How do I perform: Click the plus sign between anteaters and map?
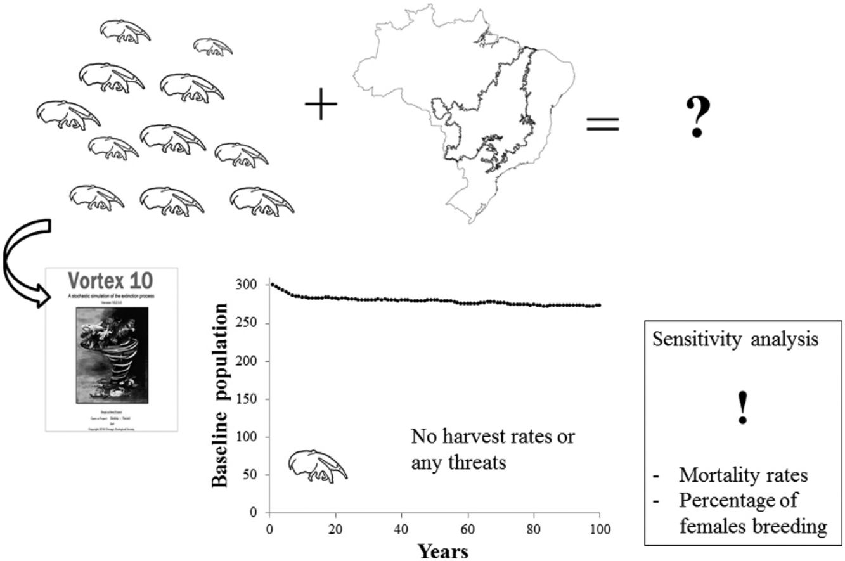[322, 105]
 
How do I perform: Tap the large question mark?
[698, 117]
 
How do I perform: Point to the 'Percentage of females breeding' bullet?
[748, 513]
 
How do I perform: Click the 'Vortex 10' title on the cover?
[112, 281]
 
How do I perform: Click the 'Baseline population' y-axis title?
[219, 396]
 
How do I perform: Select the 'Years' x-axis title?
[443, 551]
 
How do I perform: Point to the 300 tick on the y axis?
[248, 285]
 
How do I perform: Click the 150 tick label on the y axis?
[248, 399]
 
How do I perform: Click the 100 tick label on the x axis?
[599, 527]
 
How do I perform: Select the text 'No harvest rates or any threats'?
[492, 449]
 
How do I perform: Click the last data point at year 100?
[599, 305]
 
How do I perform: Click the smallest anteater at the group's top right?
[212, 46]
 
